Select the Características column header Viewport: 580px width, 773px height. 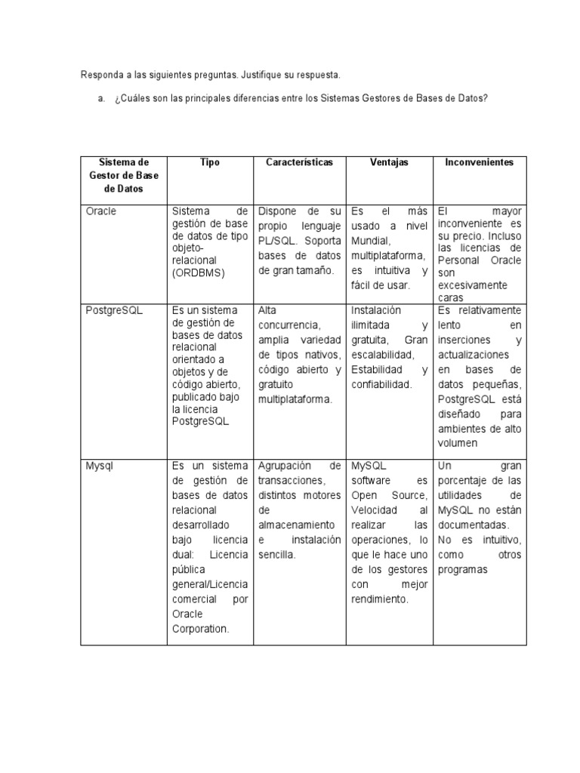pyautogui.click(x=299, y=162)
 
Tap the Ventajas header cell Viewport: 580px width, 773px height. pyautogui.click(x=388, y=162)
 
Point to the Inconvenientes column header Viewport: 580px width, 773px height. pyautogui.click(x=479, y=162)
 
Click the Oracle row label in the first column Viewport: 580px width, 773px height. pyautogui.click(x=101, y=211)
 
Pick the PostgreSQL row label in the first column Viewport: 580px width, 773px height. pyautogui.click(x=113, y=310)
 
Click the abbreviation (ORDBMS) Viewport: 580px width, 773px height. pyautogui.click(x=199, y=273)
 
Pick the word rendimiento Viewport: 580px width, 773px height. pyautogui.click(x=379, y=599)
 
